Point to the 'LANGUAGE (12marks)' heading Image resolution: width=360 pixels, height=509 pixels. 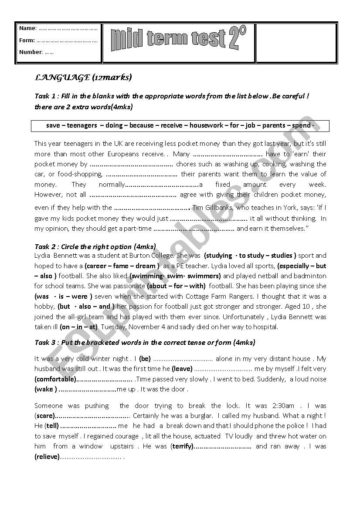click(x=83, y=78)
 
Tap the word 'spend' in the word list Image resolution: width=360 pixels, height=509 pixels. click(x=301, y=125)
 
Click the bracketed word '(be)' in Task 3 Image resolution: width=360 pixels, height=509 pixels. click(x=145, y=359)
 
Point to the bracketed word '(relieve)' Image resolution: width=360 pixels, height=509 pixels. click(x=47, y=456)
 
